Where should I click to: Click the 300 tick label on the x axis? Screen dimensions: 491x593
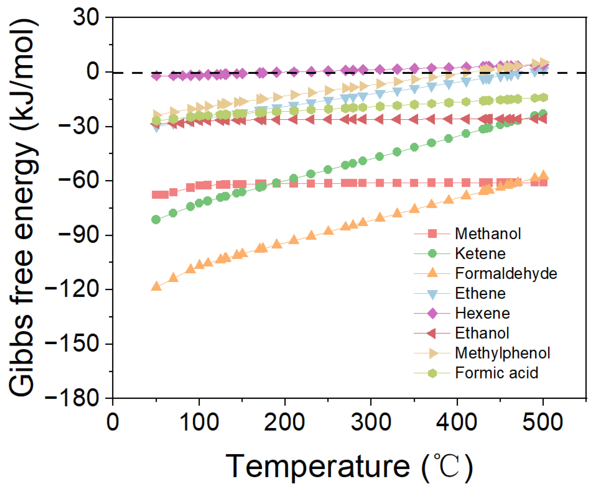tap(371, 422)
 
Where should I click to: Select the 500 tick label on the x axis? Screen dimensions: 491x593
tap(543, 422)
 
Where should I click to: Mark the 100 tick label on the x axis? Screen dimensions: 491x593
tap(199, 422)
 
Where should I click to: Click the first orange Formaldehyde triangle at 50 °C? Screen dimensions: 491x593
tap(156, 287)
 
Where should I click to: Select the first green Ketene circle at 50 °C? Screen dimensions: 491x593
tap(156, 220)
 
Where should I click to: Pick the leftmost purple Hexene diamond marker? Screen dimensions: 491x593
tap(156, 76)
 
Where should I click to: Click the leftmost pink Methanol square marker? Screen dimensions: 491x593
tap(156, 195)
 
